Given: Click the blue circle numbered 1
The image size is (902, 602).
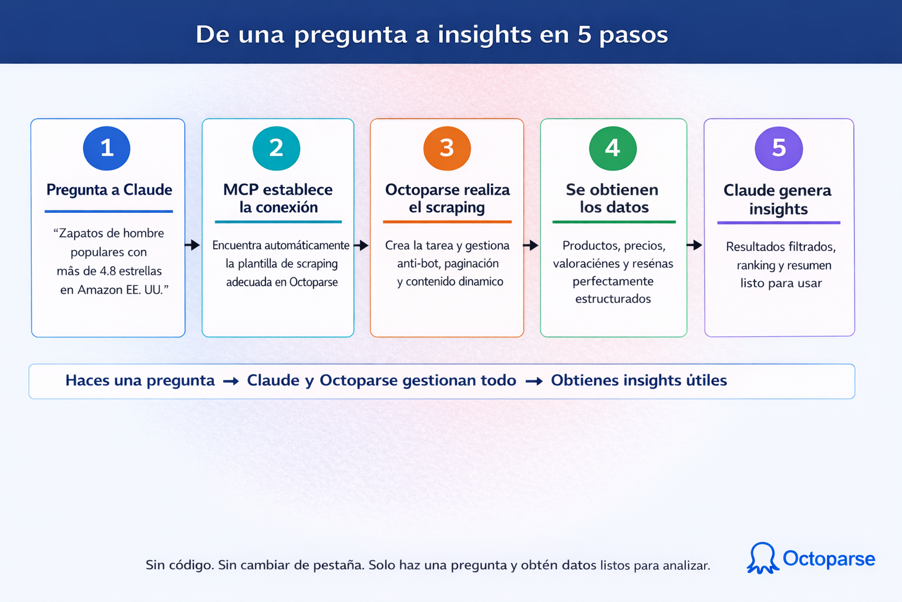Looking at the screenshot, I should pyautogui.click(x=107, y=148).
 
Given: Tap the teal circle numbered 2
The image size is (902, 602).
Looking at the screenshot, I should pyautogui.click(x=276, y=148).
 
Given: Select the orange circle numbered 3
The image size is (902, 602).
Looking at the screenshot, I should pyautogui.click(x=447, y=148).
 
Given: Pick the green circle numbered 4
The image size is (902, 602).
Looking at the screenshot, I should pyautogui.click(x=612, y=148).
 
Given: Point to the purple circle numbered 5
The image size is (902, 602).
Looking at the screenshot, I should pyautogui.click(x=779, y=148).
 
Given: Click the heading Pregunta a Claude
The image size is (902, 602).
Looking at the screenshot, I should pyautogui.click(x=109, y=190).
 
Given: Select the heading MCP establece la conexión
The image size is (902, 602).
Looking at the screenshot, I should pyautogui.click(x=278, y=199).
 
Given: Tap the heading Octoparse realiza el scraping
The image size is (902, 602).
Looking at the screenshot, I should pyautogui.click(x=447, y=199).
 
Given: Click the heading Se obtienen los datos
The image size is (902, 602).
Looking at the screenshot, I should pyautogui.click(x=612, y=199).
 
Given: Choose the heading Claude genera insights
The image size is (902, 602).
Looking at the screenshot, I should pyautogui.click(x=778, y=199).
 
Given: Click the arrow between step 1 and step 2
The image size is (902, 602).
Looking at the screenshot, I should pyautogui.click(x=193, y=245).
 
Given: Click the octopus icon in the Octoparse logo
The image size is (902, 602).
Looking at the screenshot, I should pyautogui.click(x=762, y=558).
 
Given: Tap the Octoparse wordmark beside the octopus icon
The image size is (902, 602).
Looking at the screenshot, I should pyautogui.click(x=829, y=558).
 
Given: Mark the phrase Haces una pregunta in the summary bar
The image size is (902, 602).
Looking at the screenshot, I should pyautogui.click(x=140, y=380).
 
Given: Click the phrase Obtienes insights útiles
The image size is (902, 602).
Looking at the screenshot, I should pyautogui.click(x=639, y=380).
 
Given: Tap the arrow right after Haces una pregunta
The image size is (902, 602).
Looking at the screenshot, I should pyautogui.click(x=231, y=382).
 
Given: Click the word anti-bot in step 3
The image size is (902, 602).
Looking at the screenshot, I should pyautogui.click(x=418, y=263).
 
